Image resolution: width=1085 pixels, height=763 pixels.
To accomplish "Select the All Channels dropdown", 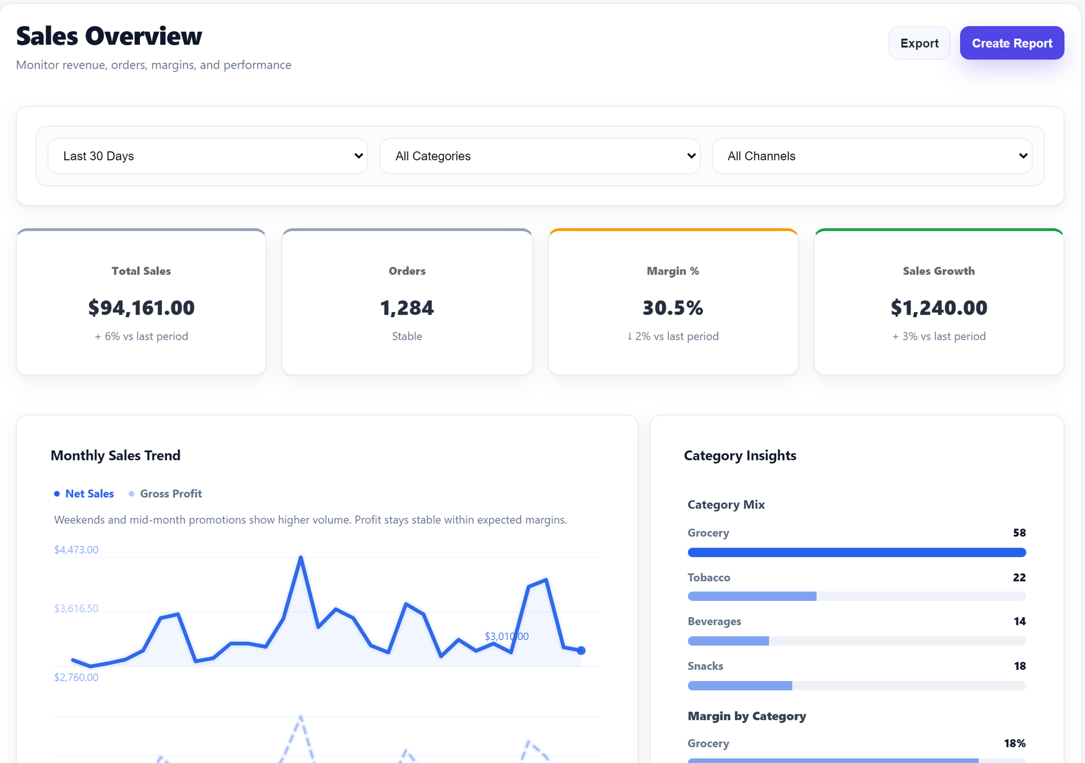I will point(872,156).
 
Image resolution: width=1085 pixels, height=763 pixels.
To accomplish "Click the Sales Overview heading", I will point(109,36).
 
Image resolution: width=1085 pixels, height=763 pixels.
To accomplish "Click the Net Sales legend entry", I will point(89,493).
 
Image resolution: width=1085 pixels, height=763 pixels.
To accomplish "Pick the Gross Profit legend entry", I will point(171,493).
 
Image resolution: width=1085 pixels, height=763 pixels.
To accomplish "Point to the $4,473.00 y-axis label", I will point(76,550).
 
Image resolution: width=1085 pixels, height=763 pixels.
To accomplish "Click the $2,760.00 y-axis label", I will point(76,677).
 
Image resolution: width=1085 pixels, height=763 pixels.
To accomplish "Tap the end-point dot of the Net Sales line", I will point(581,651).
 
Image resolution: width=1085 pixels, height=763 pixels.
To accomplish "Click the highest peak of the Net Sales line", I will point(300,558).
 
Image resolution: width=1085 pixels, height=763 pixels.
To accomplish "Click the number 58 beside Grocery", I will point(1019,533).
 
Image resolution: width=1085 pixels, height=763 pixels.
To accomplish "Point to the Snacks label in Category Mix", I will point(705,666).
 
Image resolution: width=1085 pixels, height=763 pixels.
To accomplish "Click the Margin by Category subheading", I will point(747,716).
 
